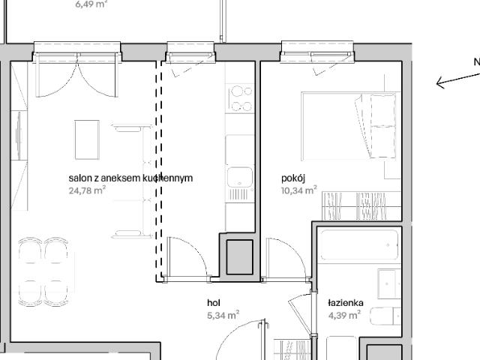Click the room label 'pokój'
click(x=293, y=178)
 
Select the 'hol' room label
click(x=214, y=303)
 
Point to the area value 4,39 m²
click(x=343, y=315)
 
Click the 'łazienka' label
click(x=345, y=303)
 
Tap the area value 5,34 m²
click(x=223, y=315)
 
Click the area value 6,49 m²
click(x=91, y=4)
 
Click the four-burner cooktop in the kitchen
click(x=241, y=97)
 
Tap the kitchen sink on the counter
click(x=240, y=178)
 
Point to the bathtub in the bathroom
click(x=358, y=244)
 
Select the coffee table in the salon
click(x=86, y=139)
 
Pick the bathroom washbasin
click(x=388, y=283)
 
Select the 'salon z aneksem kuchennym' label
click(x=130, y=178)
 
